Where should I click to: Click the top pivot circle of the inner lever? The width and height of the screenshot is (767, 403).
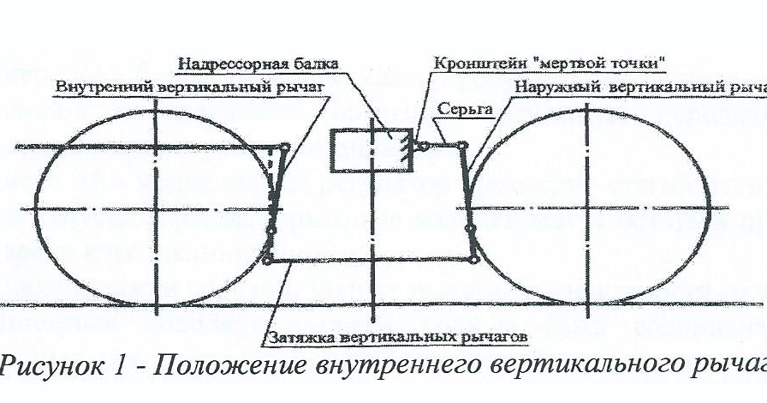pos(283,147)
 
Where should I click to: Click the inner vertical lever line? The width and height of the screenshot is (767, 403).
pos(274,201)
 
